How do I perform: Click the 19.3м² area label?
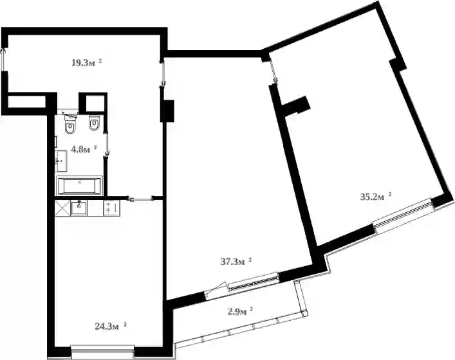87,62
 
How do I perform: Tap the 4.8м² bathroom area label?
84,149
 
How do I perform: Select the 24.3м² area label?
111,327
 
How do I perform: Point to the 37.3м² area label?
236,262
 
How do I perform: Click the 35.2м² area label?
375,197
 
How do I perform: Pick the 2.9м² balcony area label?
239,312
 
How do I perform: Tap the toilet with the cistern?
70,124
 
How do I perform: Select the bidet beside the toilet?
94,123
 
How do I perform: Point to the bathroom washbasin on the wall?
62,161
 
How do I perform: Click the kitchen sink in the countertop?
79,208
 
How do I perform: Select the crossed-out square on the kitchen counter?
62,208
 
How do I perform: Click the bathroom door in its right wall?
107,144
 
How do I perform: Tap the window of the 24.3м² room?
103,352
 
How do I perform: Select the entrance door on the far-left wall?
4,59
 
